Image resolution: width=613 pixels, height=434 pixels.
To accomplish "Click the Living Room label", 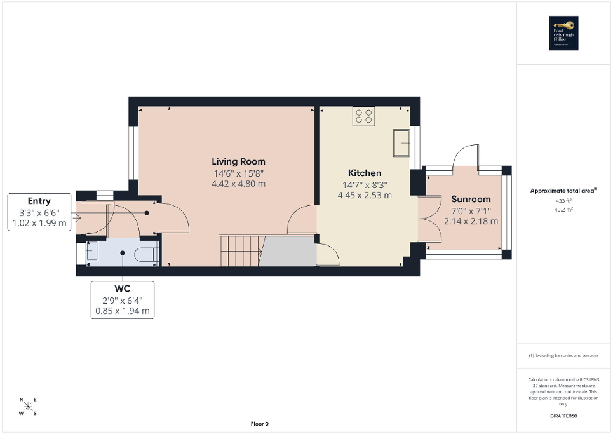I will click(x=238, y=161).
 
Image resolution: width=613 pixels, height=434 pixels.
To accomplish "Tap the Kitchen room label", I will click(x=365, y=173).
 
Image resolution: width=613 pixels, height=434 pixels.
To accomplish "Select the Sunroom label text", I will click(x=471, y=199).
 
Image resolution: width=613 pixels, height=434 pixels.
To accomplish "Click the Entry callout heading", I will click(x=39, y=201).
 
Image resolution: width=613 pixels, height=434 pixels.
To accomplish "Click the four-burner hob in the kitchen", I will click(x=364, y=116).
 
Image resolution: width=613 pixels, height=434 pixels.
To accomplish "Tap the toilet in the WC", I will click(x=147, y=252).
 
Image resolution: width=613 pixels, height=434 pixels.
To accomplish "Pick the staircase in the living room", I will click(x=241, y=250).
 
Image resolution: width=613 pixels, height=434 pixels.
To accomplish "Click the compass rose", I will click(x=28, y=407).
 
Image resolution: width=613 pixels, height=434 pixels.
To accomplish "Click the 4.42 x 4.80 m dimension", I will click(x=238, y=184).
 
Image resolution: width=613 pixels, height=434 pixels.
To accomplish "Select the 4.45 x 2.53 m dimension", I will click(x=365, y=195).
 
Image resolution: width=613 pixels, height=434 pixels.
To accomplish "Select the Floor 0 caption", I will click(x=259, y=424).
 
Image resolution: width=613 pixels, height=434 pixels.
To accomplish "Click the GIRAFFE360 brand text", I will click(x=564, y=416).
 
